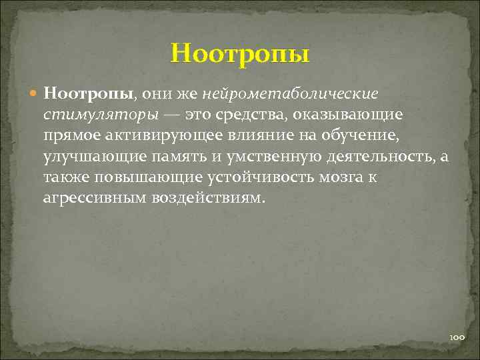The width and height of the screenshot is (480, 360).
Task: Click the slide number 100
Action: click(x=456, y=338)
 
